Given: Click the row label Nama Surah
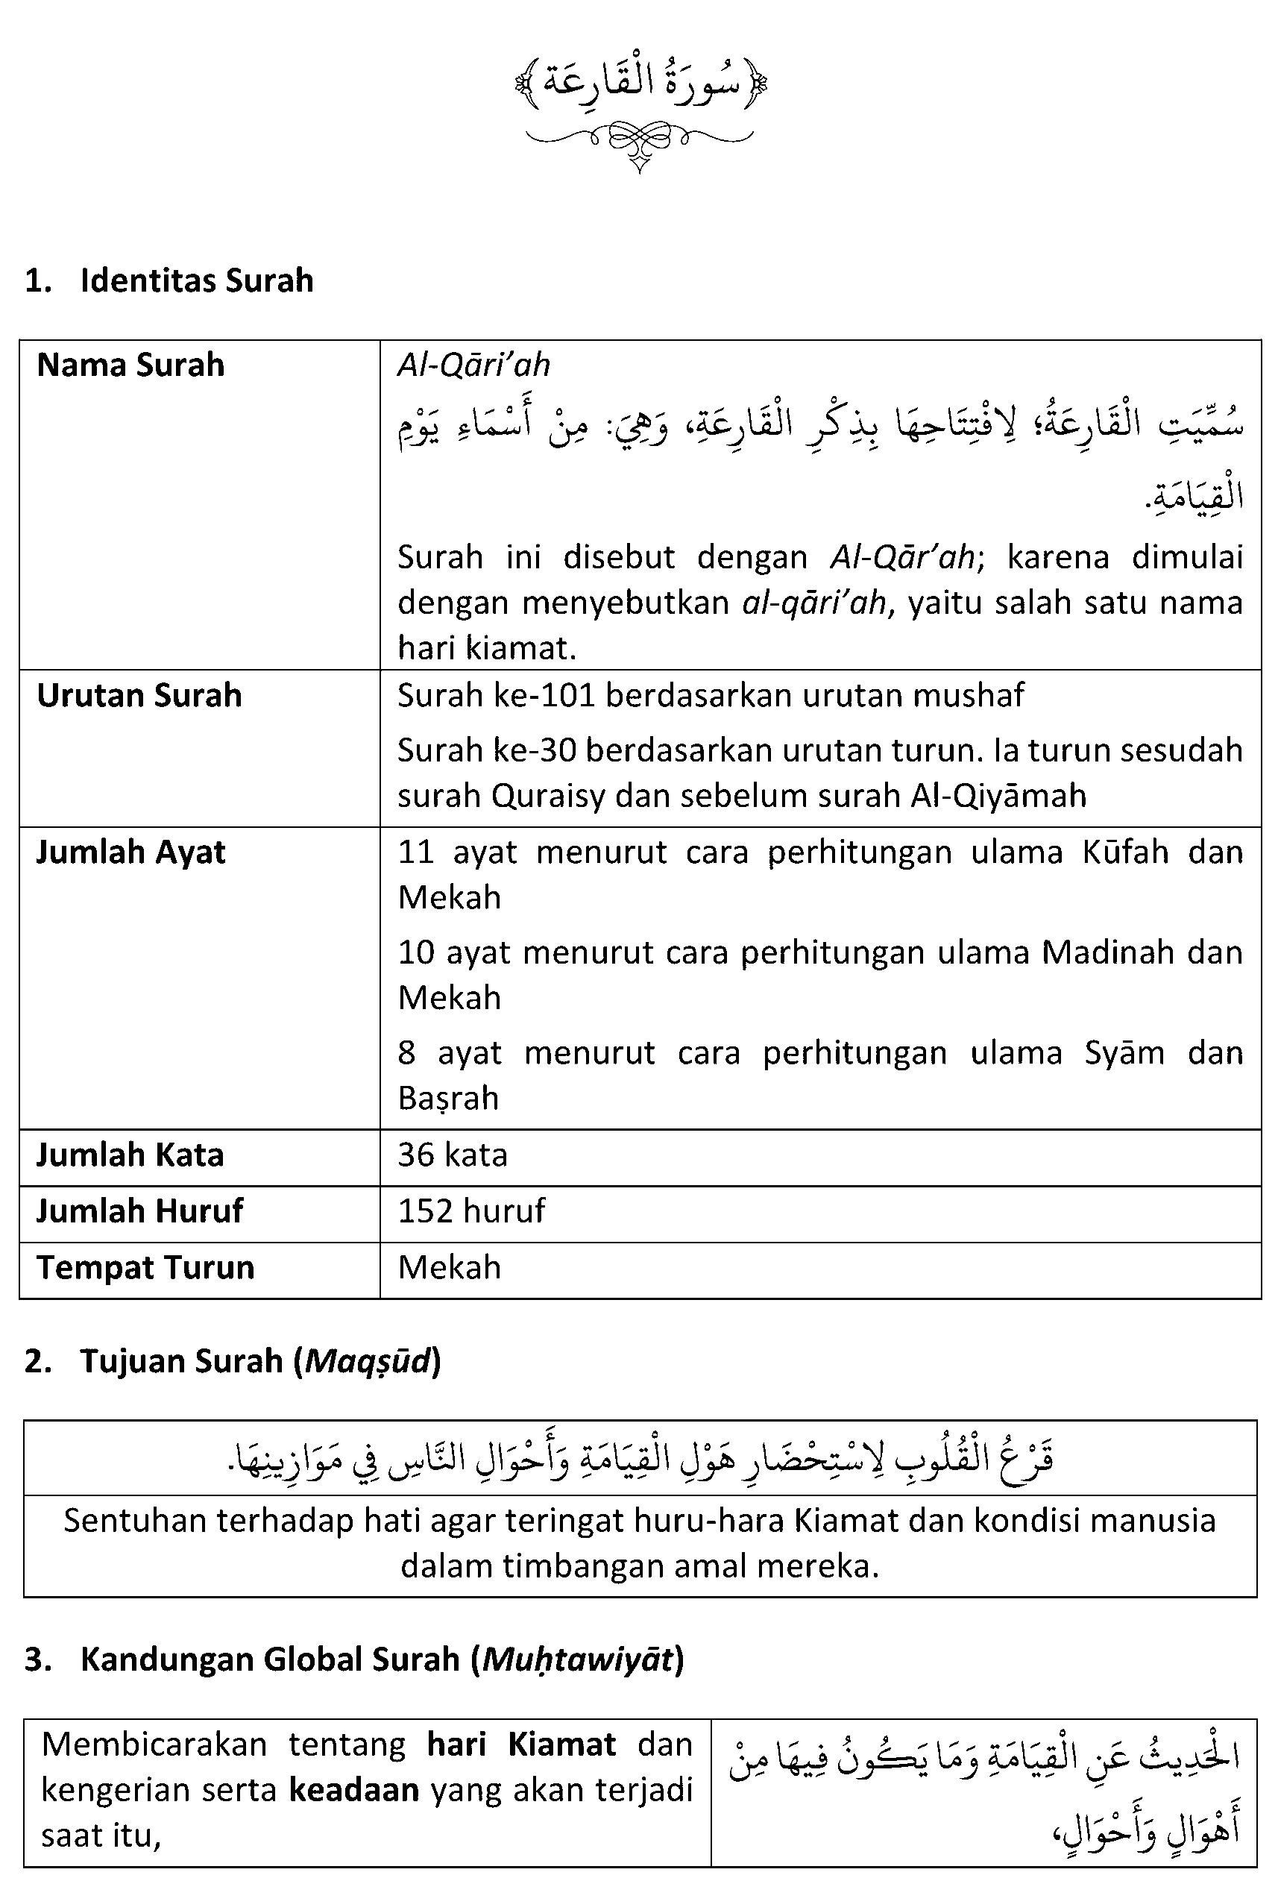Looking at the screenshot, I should (130, 365).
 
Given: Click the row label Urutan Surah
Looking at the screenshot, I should (139, 695).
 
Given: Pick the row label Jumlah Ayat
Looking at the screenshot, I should (130, 852).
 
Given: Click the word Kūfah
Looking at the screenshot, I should (1125, 852).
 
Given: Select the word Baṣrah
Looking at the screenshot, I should (448, 1099).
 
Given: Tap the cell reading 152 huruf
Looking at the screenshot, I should (471, 1210).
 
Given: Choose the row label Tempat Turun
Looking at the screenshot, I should (145, 1267).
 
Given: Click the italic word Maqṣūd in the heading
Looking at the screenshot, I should (368, 1361).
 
